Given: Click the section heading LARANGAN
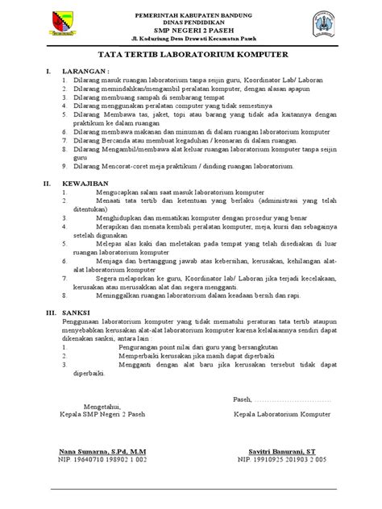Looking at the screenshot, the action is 82,72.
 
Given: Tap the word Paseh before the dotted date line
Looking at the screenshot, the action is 242,399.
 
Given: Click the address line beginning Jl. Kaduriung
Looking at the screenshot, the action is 190,38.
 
